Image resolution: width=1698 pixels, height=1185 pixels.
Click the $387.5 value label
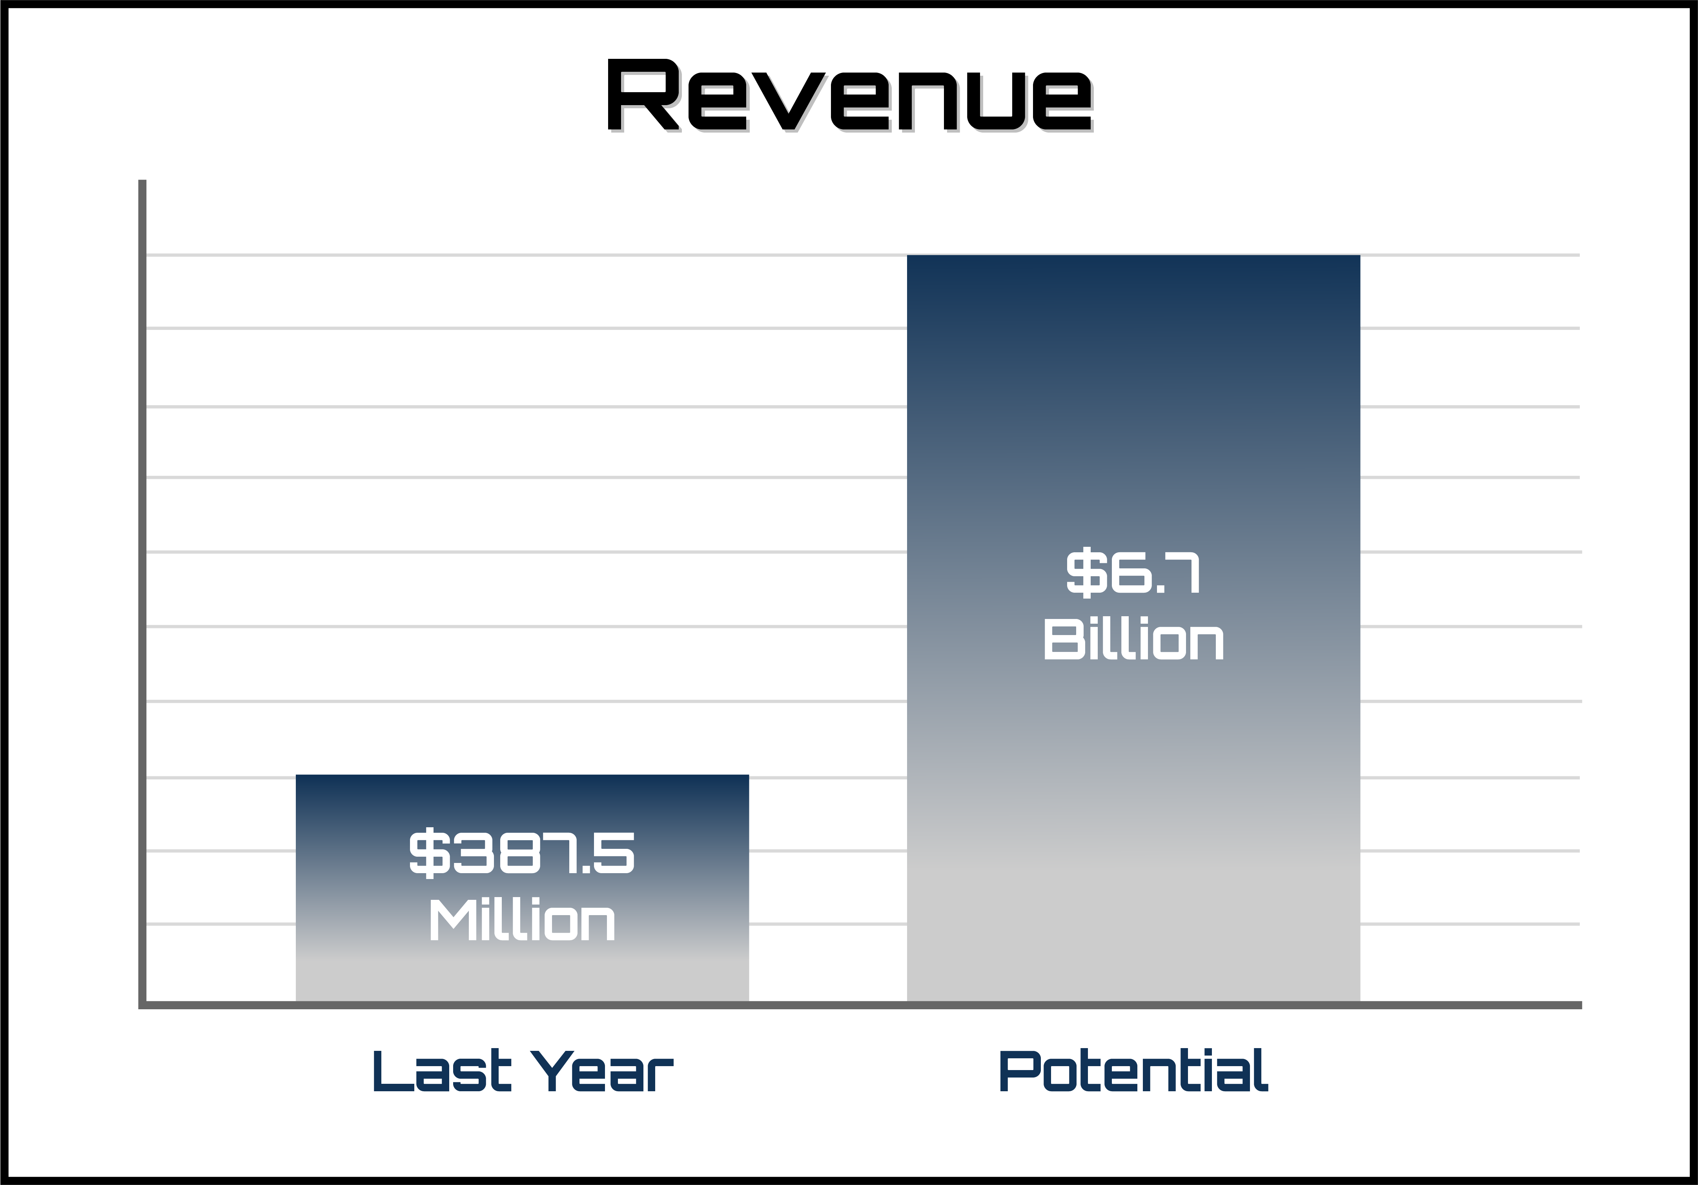pos(522,852)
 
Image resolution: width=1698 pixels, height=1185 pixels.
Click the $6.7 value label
pos(1133,572)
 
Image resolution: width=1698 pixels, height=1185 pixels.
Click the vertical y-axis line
pos(142,592)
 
